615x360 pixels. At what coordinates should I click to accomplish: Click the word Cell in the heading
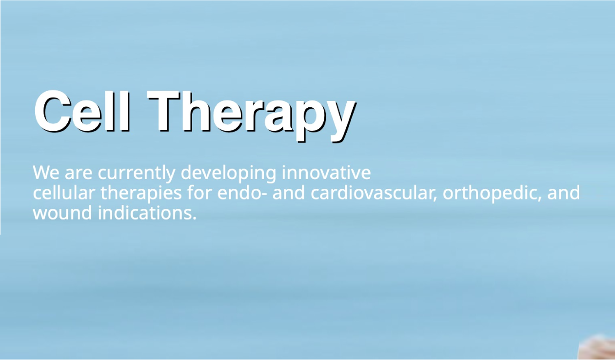(x=82, y=111)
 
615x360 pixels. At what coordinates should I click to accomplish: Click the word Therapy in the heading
(x=252, y=116)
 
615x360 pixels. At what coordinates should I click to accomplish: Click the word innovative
(x=326, y=173)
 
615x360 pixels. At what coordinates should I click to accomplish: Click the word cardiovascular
(x=374, y=193)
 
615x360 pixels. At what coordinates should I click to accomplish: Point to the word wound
(x=62, y=213)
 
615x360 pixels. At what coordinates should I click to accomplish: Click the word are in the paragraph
(x=79, y=174)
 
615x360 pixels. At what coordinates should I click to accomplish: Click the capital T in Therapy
(x=164, y=111)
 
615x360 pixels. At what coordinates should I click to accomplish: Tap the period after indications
(x=195, y=218)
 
